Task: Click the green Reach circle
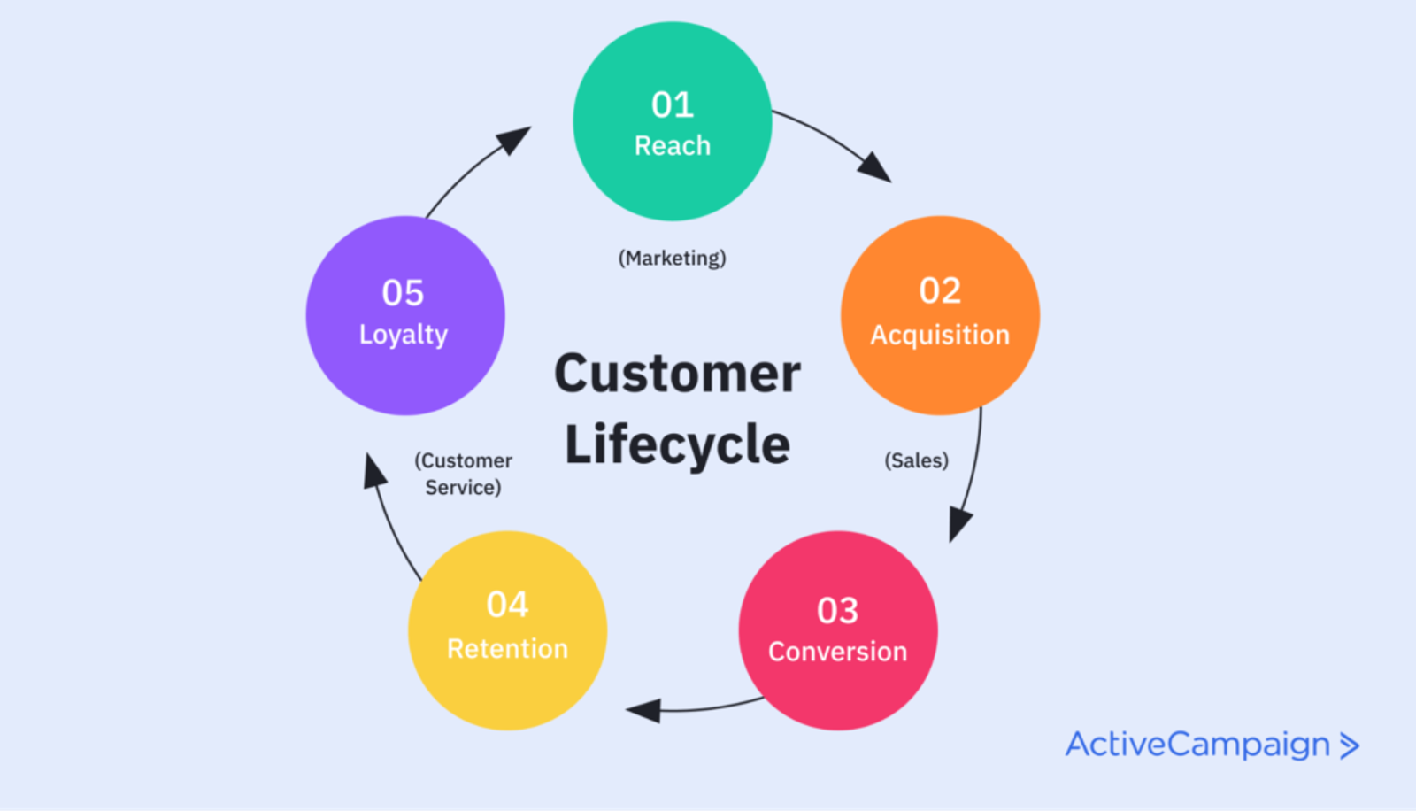tap(673, 182)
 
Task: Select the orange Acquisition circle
tap(940, 372)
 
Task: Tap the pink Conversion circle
tap(838, 691)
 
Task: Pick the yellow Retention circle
tap(507, 691)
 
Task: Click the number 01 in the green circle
tap(673, 105)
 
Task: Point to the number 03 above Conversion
tap(837, 611)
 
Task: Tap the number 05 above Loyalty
tap(403, 293)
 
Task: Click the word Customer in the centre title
tap(677, 374)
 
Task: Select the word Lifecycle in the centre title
tap(677, 444)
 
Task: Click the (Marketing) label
tap(672, 259)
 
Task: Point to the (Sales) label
tap(916, 460)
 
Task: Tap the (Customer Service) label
tap(463, 474)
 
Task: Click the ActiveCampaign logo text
tap(1197, 745)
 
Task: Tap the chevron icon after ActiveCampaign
tap(1349, 745)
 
